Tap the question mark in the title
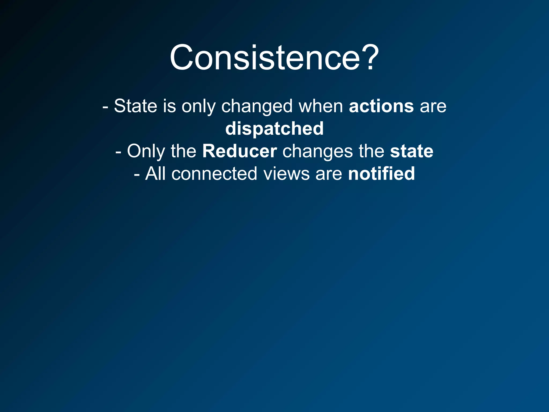[x=370, y=58]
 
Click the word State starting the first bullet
[x=135, y=106]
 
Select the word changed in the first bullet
[x=257, y=106]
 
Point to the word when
[x=321, y=106]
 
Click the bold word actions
[x=381, y=106]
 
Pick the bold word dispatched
[x=274, y=129]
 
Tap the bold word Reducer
[x=239, y=151]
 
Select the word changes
[x=318, y=152]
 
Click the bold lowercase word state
[x=411, y=151]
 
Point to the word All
[x=155, y=174]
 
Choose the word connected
[x=214, y=174]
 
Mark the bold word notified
[x=381, y=174]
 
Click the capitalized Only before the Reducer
[x=146, y=152]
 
